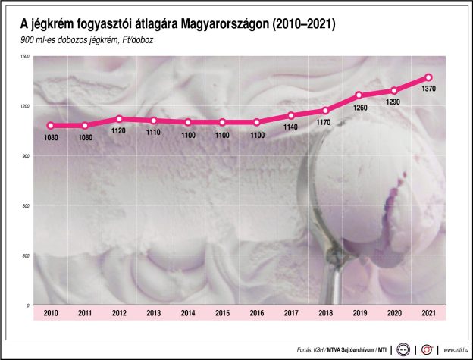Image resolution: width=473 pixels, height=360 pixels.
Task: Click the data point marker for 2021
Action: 428,77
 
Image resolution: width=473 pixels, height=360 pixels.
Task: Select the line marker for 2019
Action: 359,95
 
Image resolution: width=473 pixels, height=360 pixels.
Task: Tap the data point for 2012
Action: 119,119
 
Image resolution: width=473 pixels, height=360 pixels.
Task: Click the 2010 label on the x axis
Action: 51,313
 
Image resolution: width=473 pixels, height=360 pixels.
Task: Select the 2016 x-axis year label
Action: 256,313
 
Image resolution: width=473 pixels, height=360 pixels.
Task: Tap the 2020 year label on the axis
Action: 394,313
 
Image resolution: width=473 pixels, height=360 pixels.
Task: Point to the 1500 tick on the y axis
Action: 24,57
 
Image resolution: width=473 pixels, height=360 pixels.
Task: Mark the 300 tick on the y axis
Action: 26,256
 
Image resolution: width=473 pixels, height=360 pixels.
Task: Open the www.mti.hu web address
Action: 453,350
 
